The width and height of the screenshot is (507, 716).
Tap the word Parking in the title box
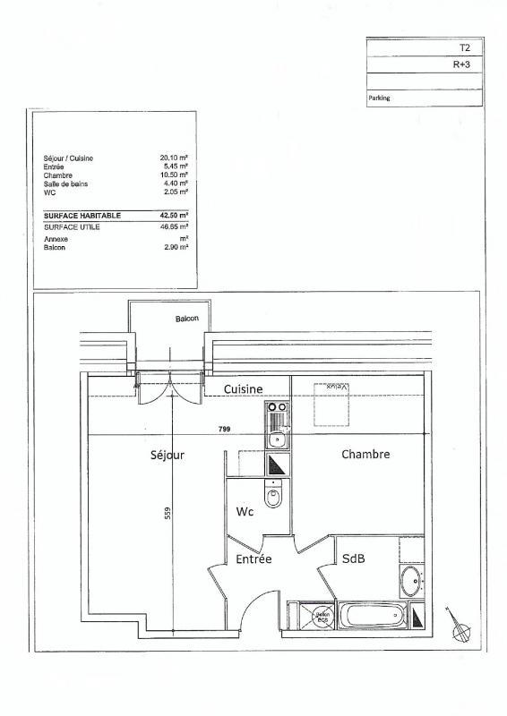point(380,99)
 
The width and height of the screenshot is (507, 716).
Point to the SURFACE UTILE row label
point(73,227)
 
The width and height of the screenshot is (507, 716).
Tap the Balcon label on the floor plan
point(186,319)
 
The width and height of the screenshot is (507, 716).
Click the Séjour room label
point(168,455)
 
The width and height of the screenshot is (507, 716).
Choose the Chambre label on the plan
point(365,454)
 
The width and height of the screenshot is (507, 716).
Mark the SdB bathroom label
point(353,558)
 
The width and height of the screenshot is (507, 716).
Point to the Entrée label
point(253,559)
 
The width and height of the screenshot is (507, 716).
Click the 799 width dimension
point(224,430)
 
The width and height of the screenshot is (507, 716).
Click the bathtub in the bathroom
point(371,616)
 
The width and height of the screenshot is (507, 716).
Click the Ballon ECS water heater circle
point(321,616)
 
